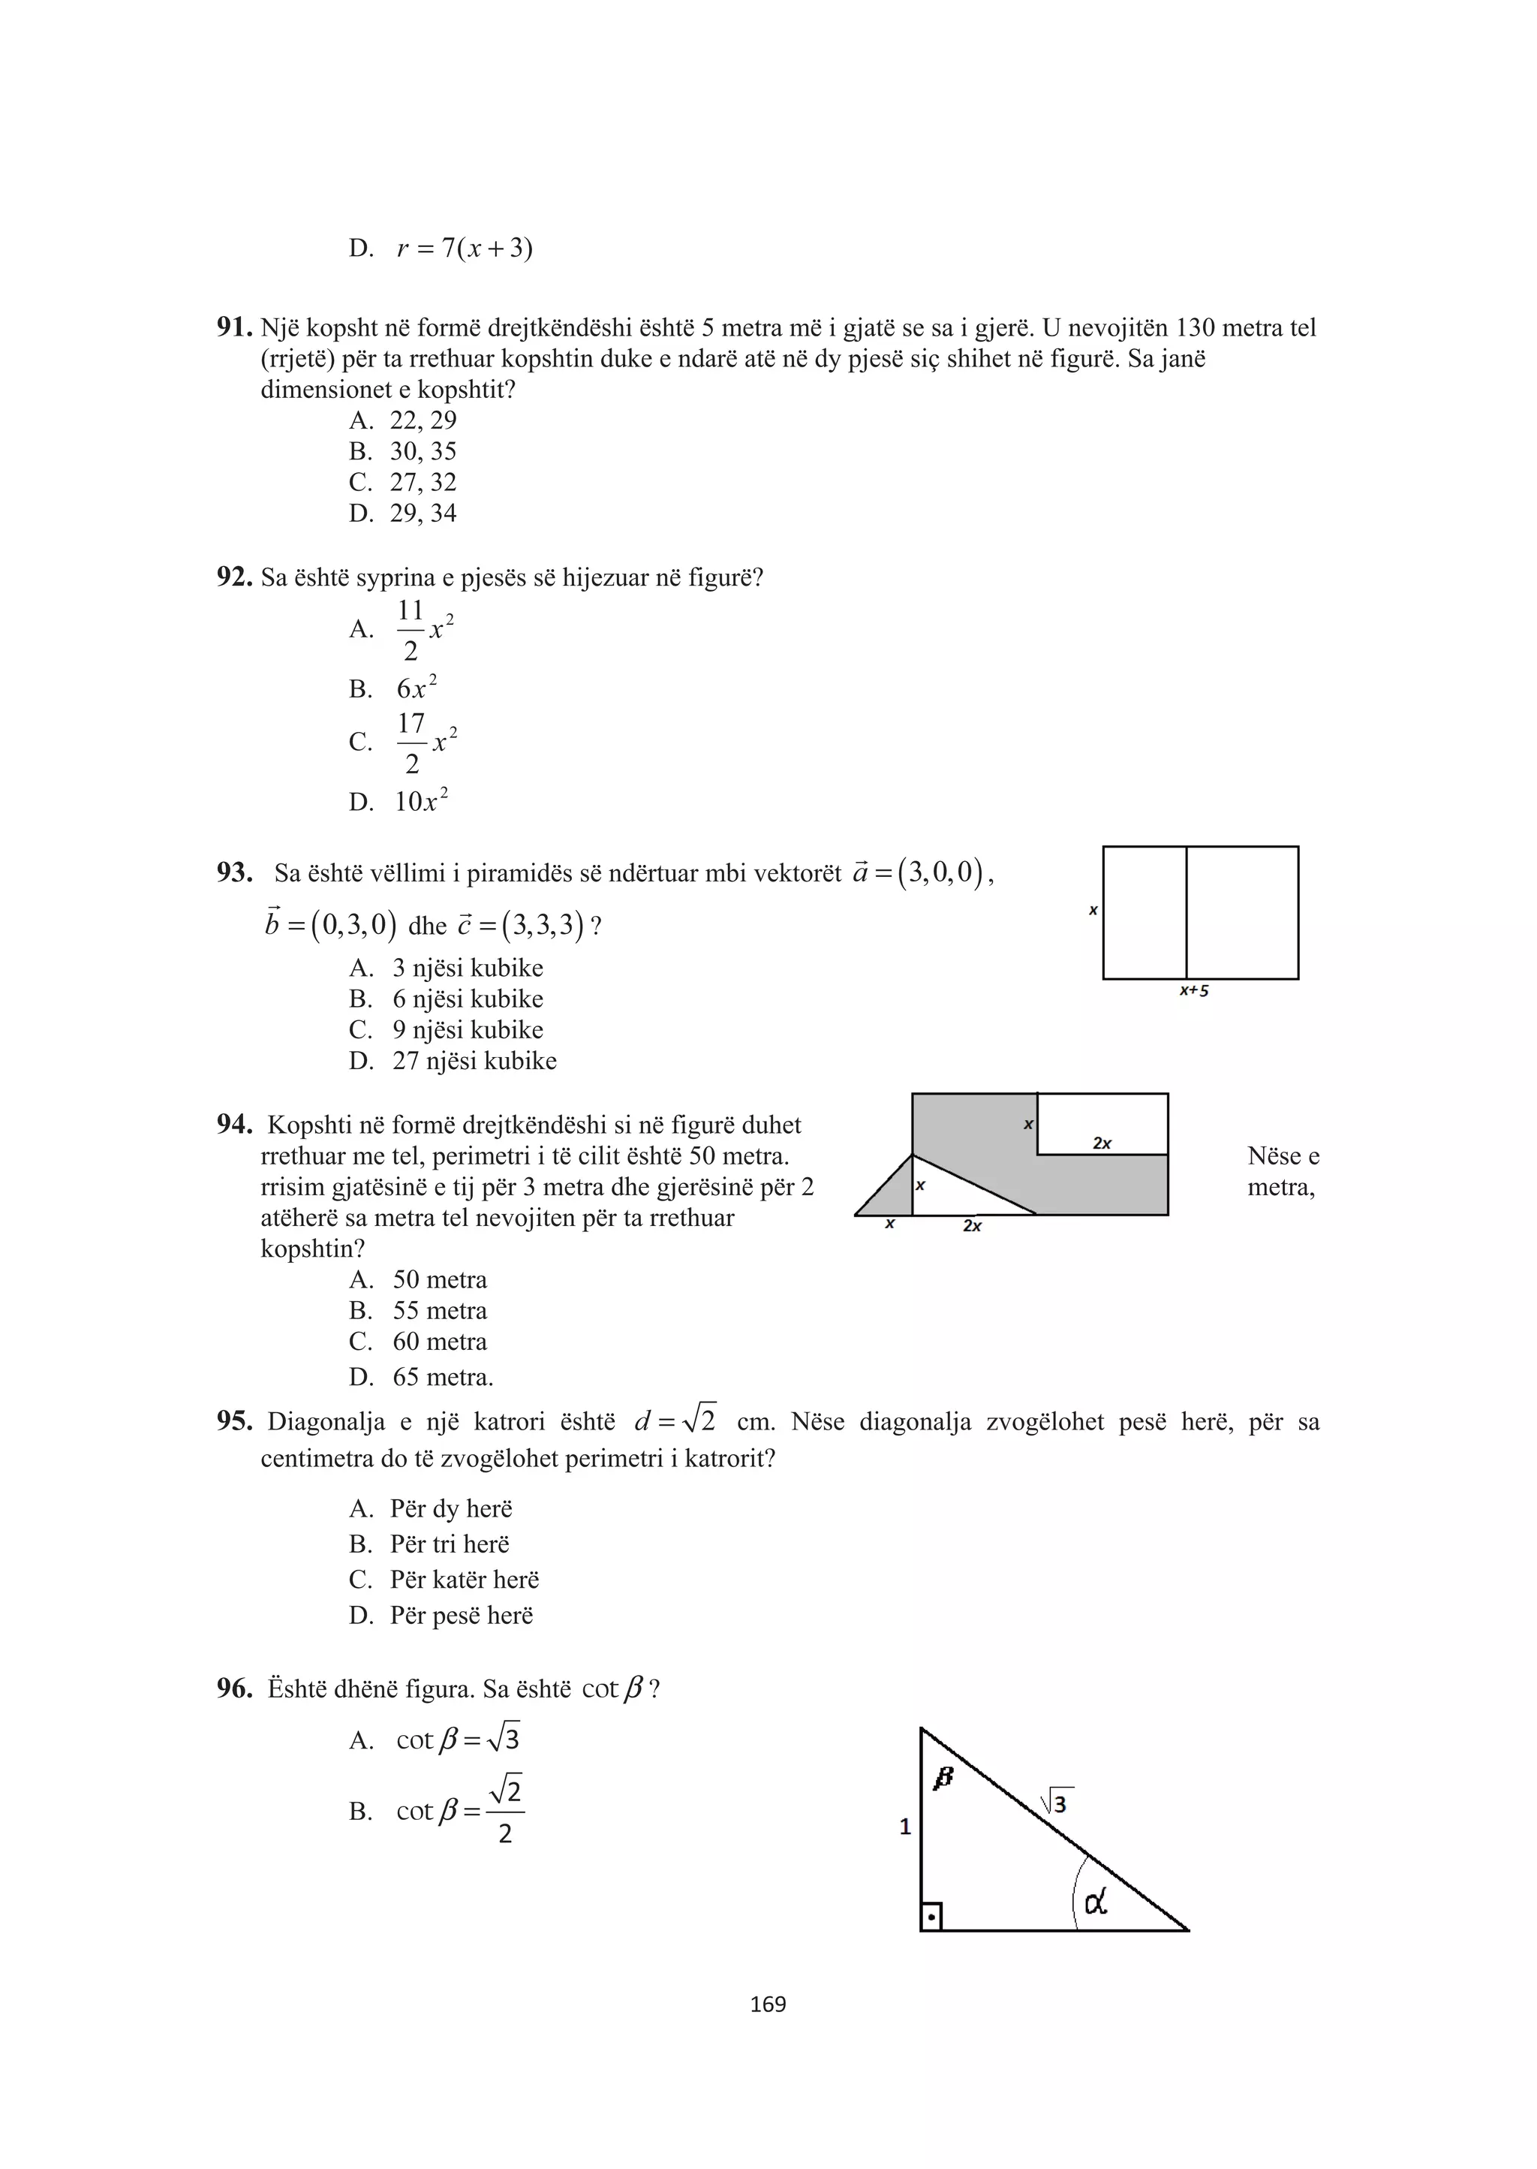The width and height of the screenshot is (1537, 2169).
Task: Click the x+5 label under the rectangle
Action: click(1193, 991)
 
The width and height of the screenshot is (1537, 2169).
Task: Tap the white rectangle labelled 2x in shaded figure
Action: click(1102, 1124)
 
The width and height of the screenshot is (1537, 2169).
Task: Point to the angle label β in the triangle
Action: click(943, 1778)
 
